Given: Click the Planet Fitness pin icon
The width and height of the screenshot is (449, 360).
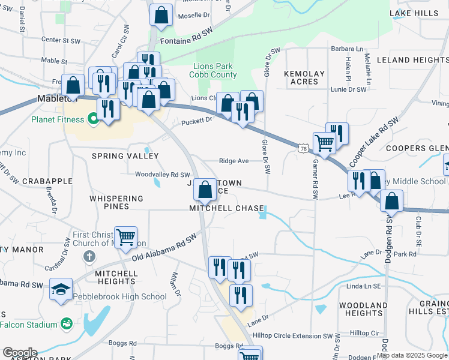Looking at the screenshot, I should click(92, 119).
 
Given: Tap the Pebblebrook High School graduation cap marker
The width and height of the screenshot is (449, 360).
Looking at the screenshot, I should click(61, 290).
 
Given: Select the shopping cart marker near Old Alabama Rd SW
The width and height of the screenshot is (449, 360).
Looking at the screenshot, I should click(125, 238).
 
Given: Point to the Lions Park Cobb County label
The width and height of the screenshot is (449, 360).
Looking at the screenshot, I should click(212, 70).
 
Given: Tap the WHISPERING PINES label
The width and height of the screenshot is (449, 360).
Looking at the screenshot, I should click(116, 202).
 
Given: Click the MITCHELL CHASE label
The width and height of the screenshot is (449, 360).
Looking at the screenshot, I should click(226, 208).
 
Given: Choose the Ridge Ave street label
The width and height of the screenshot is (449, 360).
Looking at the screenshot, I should click(234, 161).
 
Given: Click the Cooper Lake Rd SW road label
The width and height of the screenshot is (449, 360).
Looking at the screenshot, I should click(374, 142).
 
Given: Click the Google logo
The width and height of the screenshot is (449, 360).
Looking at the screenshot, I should click(19, 353).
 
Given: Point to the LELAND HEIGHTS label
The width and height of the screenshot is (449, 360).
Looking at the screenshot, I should click(412, 60).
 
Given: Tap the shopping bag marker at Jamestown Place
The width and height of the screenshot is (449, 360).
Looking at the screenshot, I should click(205, 190).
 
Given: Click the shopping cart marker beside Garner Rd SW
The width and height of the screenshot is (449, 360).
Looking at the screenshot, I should click(324, 143).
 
